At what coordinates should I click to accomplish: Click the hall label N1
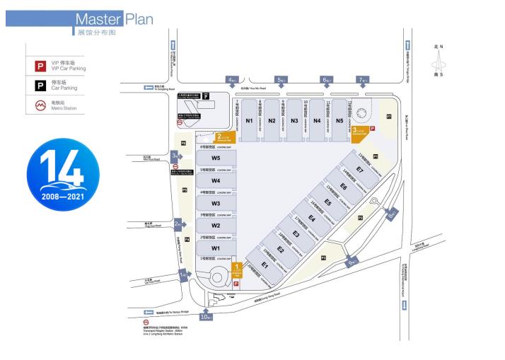click(x=249, y=120)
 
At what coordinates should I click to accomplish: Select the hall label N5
click(x=339, y=120)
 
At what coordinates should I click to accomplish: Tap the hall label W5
click(x=216, y=158)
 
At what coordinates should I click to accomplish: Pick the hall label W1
click(x=216, y=248)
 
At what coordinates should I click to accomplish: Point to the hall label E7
click(x=359, y=170)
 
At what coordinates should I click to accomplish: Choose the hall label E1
click(x=265, y=265)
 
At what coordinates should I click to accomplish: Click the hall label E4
click(x=312, y=218)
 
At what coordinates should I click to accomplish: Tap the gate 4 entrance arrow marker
click(x=231, y=80)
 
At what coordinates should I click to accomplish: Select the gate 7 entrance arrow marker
click(x=363, y=80)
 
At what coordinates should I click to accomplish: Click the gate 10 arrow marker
click(x=207, y=315)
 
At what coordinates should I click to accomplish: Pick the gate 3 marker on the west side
click(x=175, y=156)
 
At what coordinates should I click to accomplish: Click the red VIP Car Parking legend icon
click(x=41, y=66)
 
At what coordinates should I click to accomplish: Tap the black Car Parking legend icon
click(x=41, y=86)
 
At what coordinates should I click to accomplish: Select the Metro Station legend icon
click(x=41, y=106)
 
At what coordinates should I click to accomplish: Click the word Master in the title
click(x=98, y=18)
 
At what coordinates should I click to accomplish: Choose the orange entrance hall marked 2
click(x=225, y=138)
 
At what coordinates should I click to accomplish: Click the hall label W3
click(x=216, y=203)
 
